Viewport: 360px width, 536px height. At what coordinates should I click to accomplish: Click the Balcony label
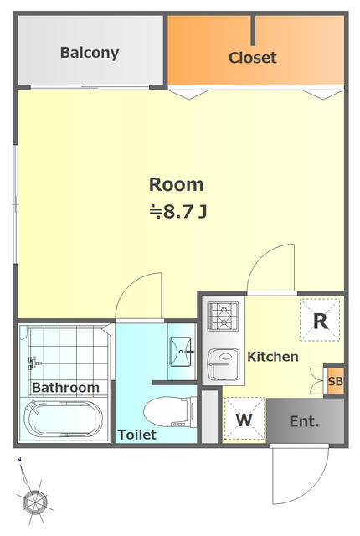(x=90, y=53)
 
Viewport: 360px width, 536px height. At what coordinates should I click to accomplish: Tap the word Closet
(x=252, y=58)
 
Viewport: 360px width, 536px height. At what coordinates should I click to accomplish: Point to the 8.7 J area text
(x=178, y=212)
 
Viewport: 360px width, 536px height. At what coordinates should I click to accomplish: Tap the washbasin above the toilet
(x=181, y=352)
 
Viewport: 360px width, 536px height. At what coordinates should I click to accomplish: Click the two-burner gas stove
(x=223, y=317)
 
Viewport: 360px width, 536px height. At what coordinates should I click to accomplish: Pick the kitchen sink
(x=224, y=365)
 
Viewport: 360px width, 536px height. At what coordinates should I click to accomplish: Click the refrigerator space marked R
(x=320, y=320)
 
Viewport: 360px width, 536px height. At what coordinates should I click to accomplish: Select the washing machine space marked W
(x=244, y=420)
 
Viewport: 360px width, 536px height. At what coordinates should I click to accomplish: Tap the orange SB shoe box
(x=335, y=381)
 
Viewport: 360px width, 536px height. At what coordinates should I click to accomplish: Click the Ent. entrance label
(x=304, y=421)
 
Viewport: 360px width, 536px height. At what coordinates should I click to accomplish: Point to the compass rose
(x=34, y=502)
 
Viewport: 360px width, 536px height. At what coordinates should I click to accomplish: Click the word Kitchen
(x=273, y=357)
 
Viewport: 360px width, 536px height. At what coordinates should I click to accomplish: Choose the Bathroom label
(x=65, y=388)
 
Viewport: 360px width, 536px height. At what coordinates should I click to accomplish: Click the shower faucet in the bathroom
(x=34, y=363)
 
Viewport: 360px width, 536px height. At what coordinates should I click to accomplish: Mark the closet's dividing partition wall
(x=253, y=30)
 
